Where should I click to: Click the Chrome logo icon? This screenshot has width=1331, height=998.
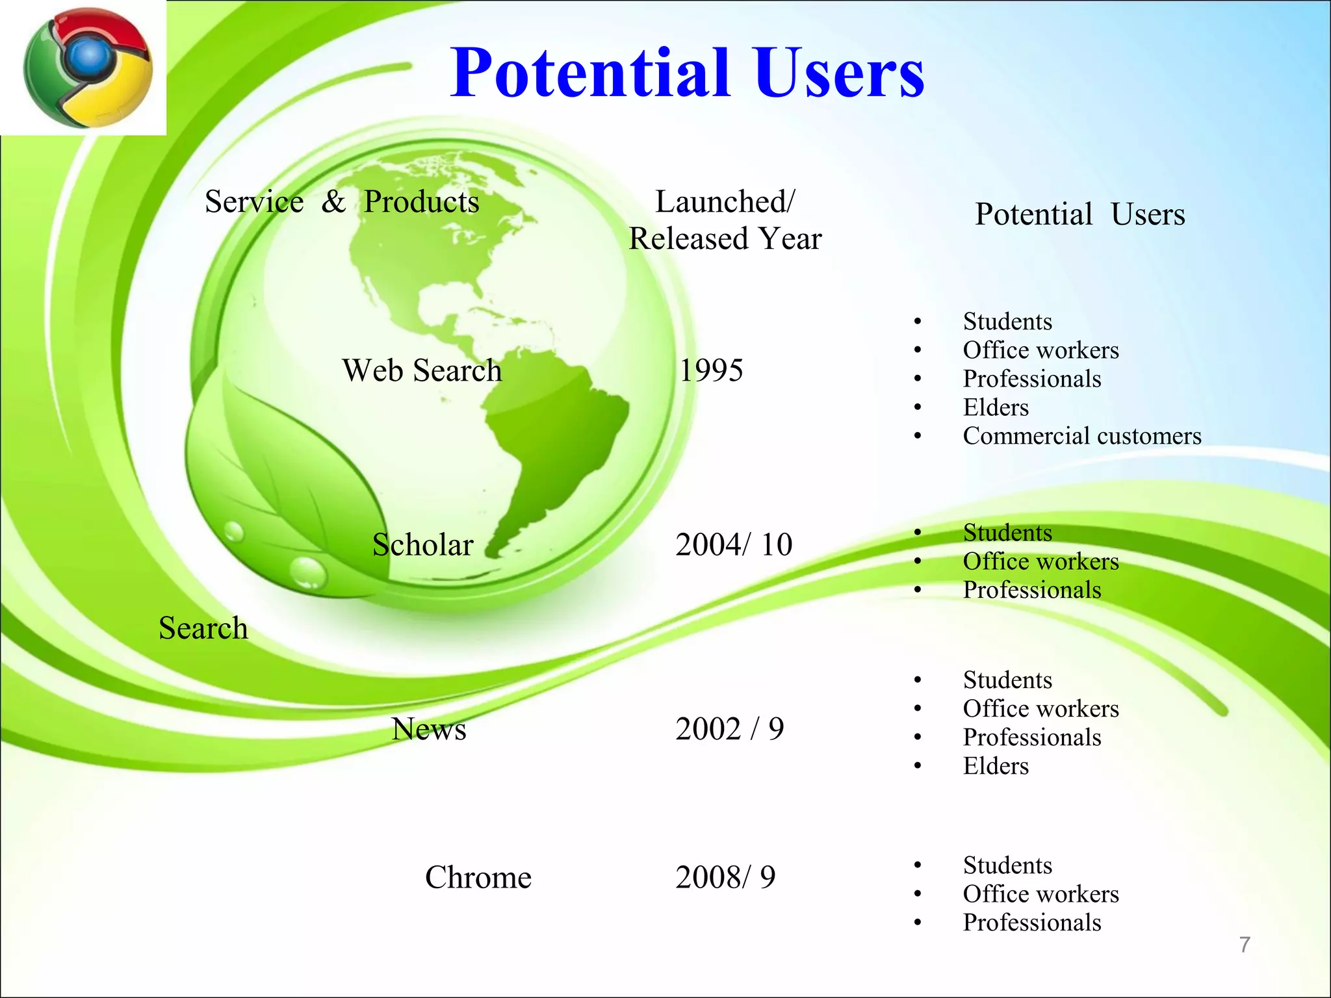click(x=88, y=68)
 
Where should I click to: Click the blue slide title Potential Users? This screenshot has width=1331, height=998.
click(x=687, y=73)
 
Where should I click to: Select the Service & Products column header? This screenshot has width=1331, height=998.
click(x=342, y=201)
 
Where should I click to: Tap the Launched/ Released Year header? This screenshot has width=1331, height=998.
click(x=725, y=220)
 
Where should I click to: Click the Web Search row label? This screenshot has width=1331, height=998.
click(x=422, y=370)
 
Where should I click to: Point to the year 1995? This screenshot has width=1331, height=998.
click(x=711, y=370)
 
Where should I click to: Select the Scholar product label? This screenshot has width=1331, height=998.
click(x=422, y=544)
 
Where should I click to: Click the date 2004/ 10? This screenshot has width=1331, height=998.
click(x=734, y=544)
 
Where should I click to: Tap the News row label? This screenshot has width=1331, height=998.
click(x=429, y=729)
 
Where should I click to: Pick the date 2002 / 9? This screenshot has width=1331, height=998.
click(x=729, y=729)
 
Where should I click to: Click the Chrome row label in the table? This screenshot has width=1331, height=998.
click(x=478, y=877)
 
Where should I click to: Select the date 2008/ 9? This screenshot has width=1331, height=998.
click(x=725, y=877)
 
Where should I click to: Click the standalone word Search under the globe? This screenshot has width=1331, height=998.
click(x=203, y=628)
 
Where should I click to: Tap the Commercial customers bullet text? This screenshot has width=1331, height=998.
click(x=1081, y=436)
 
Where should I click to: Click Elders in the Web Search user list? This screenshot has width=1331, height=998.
click(x=996, y=407)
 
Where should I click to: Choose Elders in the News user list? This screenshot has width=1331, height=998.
click(x=996, y=766)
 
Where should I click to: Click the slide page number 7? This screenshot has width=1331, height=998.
click(x=1245, y=945)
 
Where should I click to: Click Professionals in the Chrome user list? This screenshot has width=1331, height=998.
click(x=1032, y=923)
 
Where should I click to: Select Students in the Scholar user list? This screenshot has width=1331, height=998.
click(x=1007, y=533)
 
